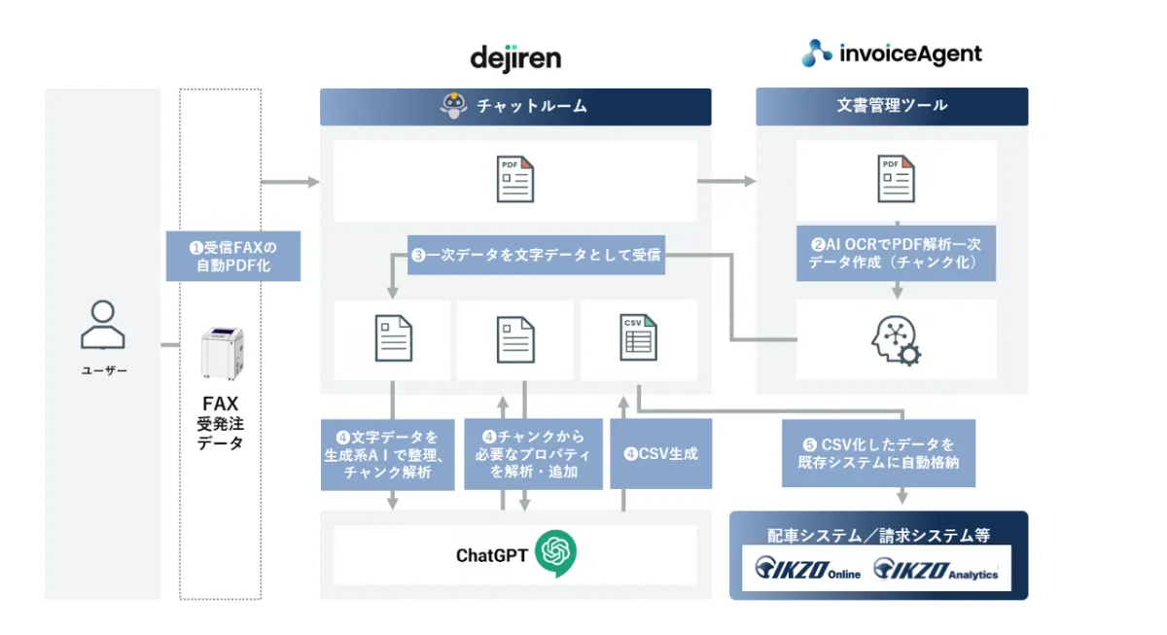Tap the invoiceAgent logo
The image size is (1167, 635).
pyautogui.click(x=892, y=53)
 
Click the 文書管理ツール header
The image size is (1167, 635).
pyautogui.click(x=892, y=105)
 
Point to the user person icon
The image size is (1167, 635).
pyautogui.click(x=102, y=325)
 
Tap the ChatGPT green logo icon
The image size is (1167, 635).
pyautogui.click(x=555, y=554)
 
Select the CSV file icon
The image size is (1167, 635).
pyautogui.click(x=638, y=338)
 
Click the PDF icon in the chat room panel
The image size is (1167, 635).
pyautogui.click(x=515, y=179)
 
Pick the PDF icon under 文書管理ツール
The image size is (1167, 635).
pyautogui.click(x=896, y=179)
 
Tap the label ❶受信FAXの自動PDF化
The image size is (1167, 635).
pyautogui.click(x=233, y=256)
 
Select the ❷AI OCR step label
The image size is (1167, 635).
pyautogui.click(x=896, y=254)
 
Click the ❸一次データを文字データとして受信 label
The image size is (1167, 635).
pyautogui.click(x=536, y=256)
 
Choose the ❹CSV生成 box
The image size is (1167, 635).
pyautogui.click(x=661, y=453)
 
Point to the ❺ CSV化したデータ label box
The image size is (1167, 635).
pyautogui.click(x=878, y=453)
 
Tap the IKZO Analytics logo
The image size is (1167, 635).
pyautogui.click(x=936, y=569)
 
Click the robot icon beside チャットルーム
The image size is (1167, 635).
pyautogui.click(x=453, y=106)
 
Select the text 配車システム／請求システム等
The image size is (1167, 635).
pyautogui.click(x=878, y=534)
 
